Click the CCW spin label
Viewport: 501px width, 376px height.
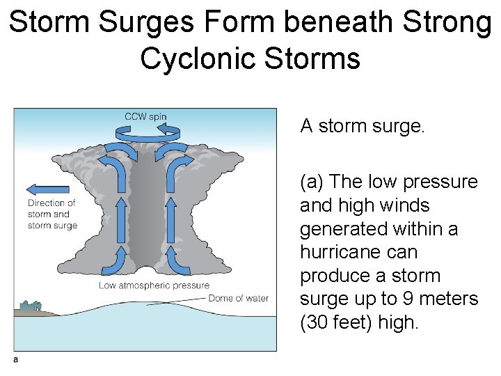tap(145, 116)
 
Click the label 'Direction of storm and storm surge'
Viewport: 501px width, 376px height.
tap(52, 214)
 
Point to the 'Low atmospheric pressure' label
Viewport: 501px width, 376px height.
tap(154, 285)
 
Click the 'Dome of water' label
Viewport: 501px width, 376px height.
tap(239, 299)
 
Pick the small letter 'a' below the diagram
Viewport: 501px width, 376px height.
tap(15, 359)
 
